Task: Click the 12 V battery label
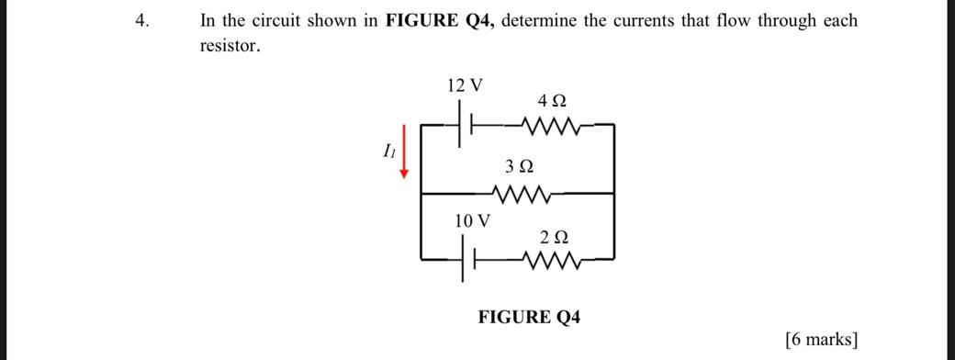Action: [x=465, y=86]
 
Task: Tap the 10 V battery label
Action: [x=473, y=221]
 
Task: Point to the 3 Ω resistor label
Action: [x=519, y=167]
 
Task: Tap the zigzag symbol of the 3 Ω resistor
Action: [x=521, y=194]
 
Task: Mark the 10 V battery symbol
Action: [x=470, y=262]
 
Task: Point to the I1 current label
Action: [x=388, y=152]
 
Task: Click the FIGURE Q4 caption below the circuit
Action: [x=529, y=318]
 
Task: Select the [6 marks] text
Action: [x=822, y=339]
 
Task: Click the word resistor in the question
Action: [x=230, y=46]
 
